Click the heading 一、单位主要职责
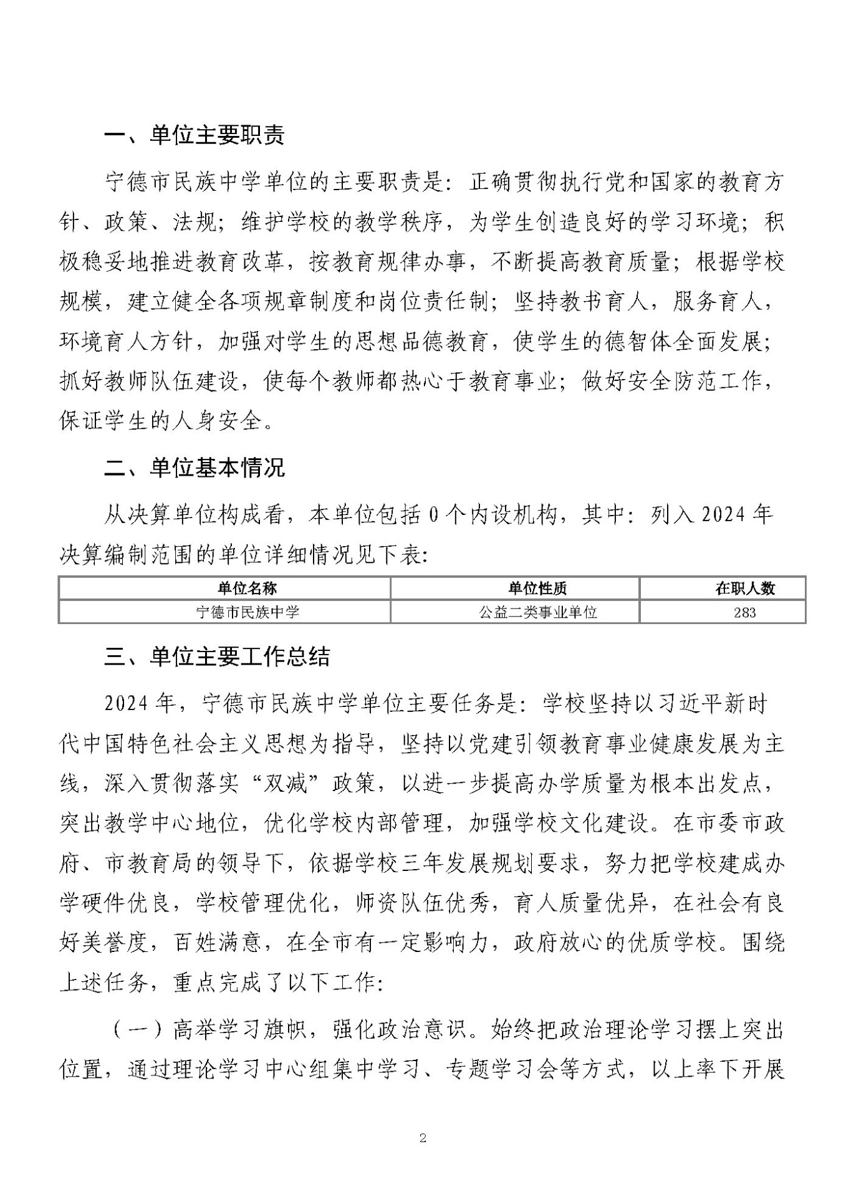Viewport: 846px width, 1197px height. [x=194, y=135]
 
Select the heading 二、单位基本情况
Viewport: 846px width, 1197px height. [x=194, y=467]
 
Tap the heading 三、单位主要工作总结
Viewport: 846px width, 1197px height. [x=216, y=656]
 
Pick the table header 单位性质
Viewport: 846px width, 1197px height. [x=537, y=588]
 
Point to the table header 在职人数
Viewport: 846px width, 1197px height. [x=745, y=588]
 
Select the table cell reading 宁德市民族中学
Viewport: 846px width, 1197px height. [x=248, y=612]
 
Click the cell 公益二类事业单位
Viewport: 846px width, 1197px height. [x=537, y=612]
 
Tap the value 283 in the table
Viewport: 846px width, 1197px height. [x=745, y=612]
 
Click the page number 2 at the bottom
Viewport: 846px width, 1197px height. [x=423, y=1138]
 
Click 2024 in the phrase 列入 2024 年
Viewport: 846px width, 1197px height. [x=713, y=515]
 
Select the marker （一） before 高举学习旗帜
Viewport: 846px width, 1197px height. [x=138, y=1031]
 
